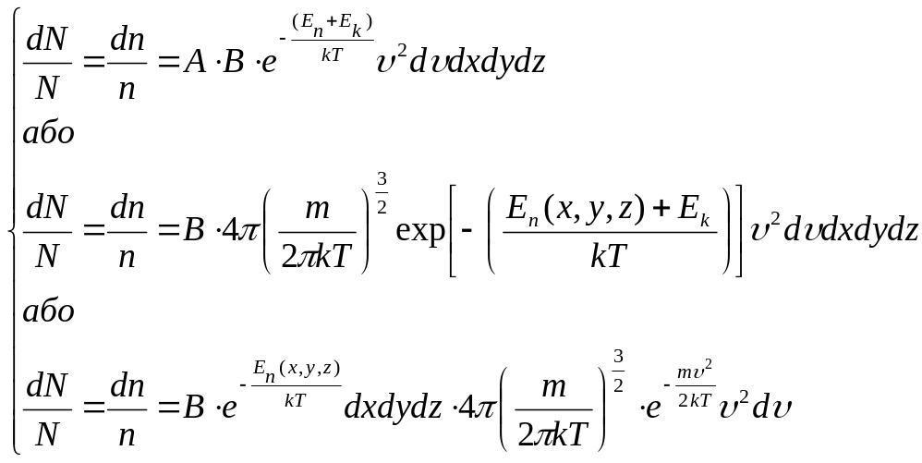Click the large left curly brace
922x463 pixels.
click(x=11, y=231)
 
